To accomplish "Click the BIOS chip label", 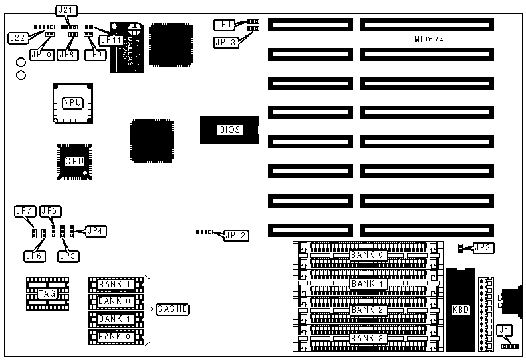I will (229, 130).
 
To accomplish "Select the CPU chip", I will (74, 160).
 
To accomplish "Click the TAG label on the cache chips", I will (46, 293).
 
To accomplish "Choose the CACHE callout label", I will (172, 309).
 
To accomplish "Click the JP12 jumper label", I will (236, 234).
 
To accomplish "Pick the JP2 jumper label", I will (483, 248).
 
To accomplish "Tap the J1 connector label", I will (505, 329).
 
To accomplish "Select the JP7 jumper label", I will (23, 211).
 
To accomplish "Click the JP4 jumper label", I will (95, 230).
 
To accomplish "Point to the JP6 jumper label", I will (33, 255).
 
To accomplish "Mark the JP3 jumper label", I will (67, 255).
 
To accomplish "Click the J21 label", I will (63, 10).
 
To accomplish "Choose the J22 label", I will (17, 37).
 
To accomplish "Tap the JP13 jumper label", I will (225, 42).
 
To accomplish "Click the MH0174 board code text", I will (428, 40).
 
